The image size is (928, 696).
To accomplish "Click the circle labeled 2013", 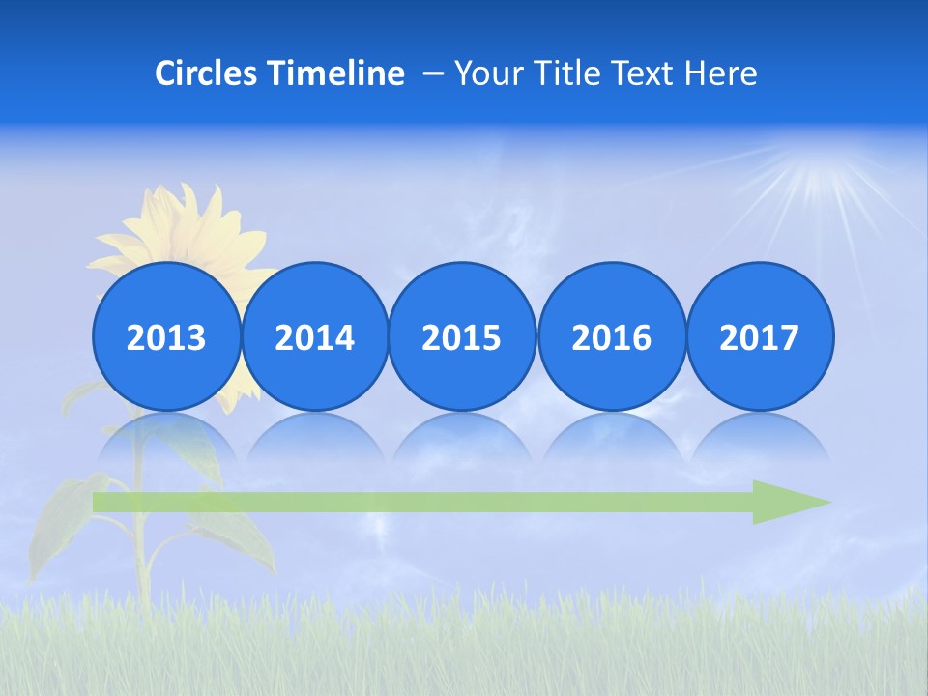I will pyautogui.click(x=166, y=336).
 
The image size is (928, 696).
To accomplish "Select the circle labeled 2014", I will pyautogui.click(x=315, y=336).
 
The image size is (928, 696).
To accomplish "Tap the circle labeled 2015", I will pyautogui.click(x=462, y=336).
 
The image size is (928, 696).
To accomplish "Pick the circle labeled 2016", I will pyautogui.click(x=612, y=336).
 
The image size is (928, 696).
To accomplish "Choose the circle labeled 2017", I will pyautogui.click(x=760, y=336).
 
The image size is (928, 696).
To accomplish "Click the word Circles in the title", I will pyautogui.click(x=207, y=73).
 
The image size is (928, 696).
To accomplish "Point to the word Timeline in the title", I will pyautogui.click(x=336, y=73).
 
